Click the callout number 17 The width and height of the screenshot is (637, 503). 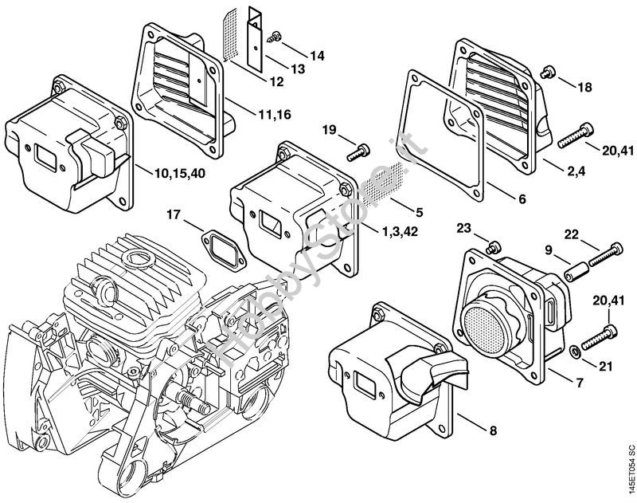[x=174, y=214]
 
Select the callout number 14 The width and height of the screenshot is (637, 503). [x=317, y=56]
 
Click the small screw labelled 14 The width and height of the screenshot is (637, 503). [x=273, y=37]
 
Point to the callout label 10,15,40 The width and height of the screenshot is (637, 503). [x=180, y=173]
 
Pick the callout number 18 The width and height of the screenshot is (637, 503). [x=584, y=87]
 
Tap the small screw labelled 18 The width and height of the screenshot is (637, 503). [x=546, y=73]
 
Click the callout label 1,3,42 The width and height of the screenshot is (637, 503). [x=400, y=231]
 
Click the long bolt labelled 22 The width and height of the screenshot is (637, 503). [x=605, y=254]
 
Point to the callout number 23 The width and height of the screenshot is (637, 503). [x=463, y=228]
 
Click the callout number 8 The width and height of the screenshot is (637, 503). [x=493, y=430]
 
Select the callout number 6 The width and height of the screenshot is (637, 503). [x=522, y=198]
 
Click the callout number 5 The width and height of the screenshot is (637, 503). [x=420, y=212]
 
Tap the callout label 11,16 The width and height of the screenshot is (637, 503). [x=275, y=115]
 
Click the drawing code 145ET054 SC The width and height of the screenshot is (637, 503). [x=631, y=470]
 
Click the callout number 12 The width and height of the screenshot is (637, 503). [x=276, y=82]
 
